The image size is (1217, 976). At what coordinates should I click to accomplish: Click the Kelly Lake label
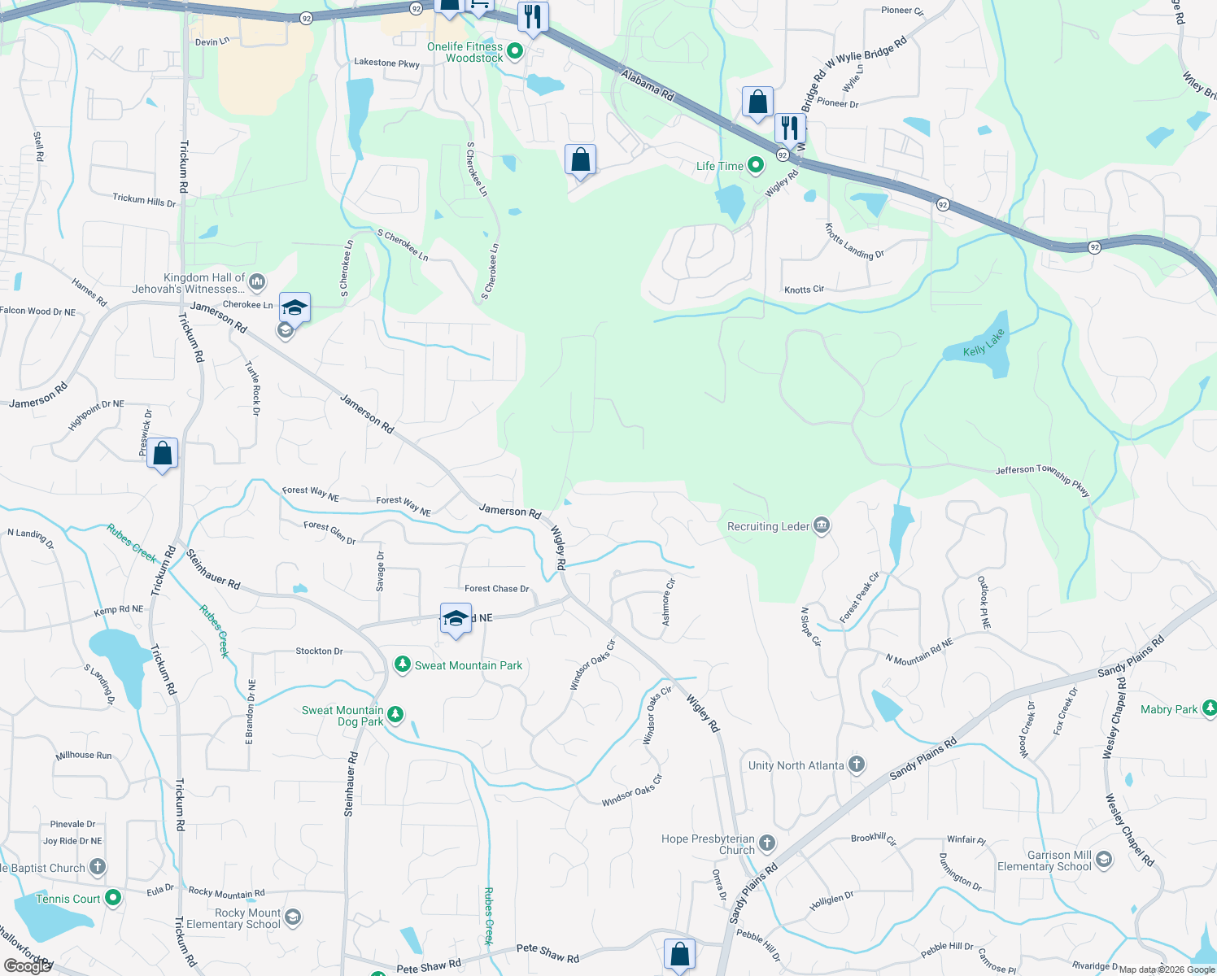tap(984, 343)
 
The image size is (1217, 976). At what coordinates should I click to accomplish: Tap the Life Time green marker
tap(756, 166)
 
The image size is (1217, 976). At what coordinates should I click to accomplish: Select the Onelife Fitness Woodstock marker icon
tap(515, 52)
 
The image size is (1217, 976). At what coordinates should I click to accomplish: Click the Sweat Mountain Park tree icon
tap(402, 665)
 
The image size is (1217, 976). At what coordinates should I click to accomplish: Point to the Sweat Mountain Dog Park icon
tap(395, 715)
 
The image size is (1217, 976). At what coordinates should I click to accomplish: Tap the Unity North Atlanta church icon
tap(856, 765)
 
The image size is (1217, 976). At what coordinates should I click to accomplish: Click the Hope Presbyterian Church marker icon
tap(767, 843)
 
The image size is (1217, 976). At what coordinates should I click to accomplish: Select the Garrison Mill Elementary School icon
tap(1104, 860)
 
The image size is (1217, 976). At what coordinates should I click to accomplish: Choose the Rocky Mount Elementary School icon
tap(293, 917)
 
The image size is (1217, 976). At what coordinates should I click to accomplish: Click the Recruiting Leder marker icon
tap(822, 526)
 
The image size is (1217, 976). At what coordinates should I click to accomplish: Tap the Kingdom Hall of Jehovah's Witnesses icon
tap(257, 282)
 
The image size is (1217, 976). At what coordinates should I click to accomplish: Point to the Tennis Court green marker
tap(113, 898)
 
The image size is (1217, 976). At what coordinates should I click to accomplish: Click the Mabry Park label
tap(1169, 709)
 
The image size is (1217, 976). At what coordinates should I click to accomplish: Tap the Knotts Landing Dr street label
tap(854, 242)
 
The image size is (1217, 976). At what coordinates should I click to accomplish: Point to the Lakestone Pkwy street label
tap(386, 63)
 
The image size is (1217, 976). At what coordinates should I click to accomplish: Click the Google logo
tap(26, 966)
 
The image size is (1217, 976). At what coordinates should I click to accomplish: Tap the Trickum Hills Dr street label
tap(144, 200)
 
